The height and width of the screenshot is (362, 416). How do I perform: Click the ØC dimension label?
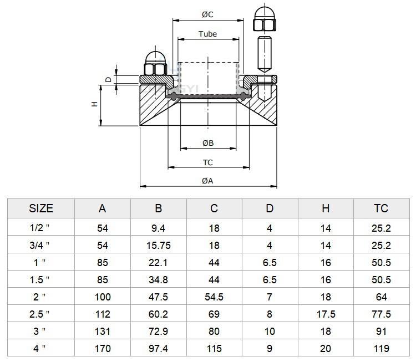207,14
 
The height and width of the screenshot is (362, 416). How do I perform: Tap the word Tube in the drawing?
208,34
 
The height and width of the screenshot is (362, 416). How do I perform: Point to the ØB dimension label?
208,143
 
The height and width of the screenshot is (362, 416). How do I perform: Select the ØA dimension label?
207,181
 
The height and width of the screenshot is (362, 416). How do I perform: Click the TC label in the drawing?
208,162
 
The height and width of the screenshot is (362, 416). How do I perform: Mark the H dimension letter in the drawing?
94,104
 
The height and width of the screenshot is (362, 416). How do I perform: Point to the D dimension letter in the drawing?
109,79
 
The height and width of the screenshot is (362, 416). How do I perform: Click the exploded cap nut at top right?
265,18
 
